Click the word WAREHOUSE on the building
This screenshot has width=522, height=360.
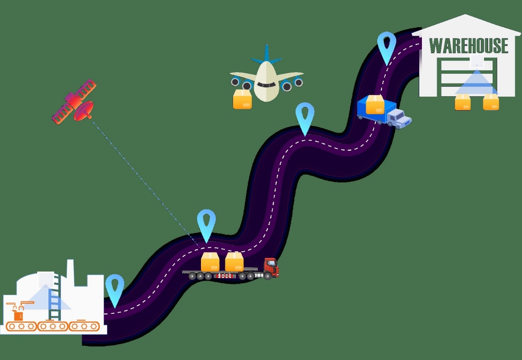coord(469,46)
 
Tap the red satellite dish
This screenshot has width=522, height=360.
coord(84,110)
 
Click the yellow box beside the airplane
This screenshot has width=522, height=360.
coord(242,99)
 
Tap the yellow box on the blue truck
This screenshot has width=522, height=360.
coord(375,105)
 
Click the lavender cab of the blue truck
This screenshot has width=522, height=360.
coord(399,118)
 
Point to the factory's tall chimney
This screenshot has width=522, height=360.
coord(70,272)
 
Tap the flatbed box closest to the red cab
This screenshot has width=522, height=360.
coord(234,262)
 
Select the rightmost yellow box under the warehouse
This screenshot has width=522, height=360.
coord(491,102)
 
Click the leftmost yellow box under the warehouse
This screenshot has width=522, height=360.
coord(463,102)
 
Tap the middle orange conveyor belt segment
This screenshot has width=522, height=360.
coord(53,326)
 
